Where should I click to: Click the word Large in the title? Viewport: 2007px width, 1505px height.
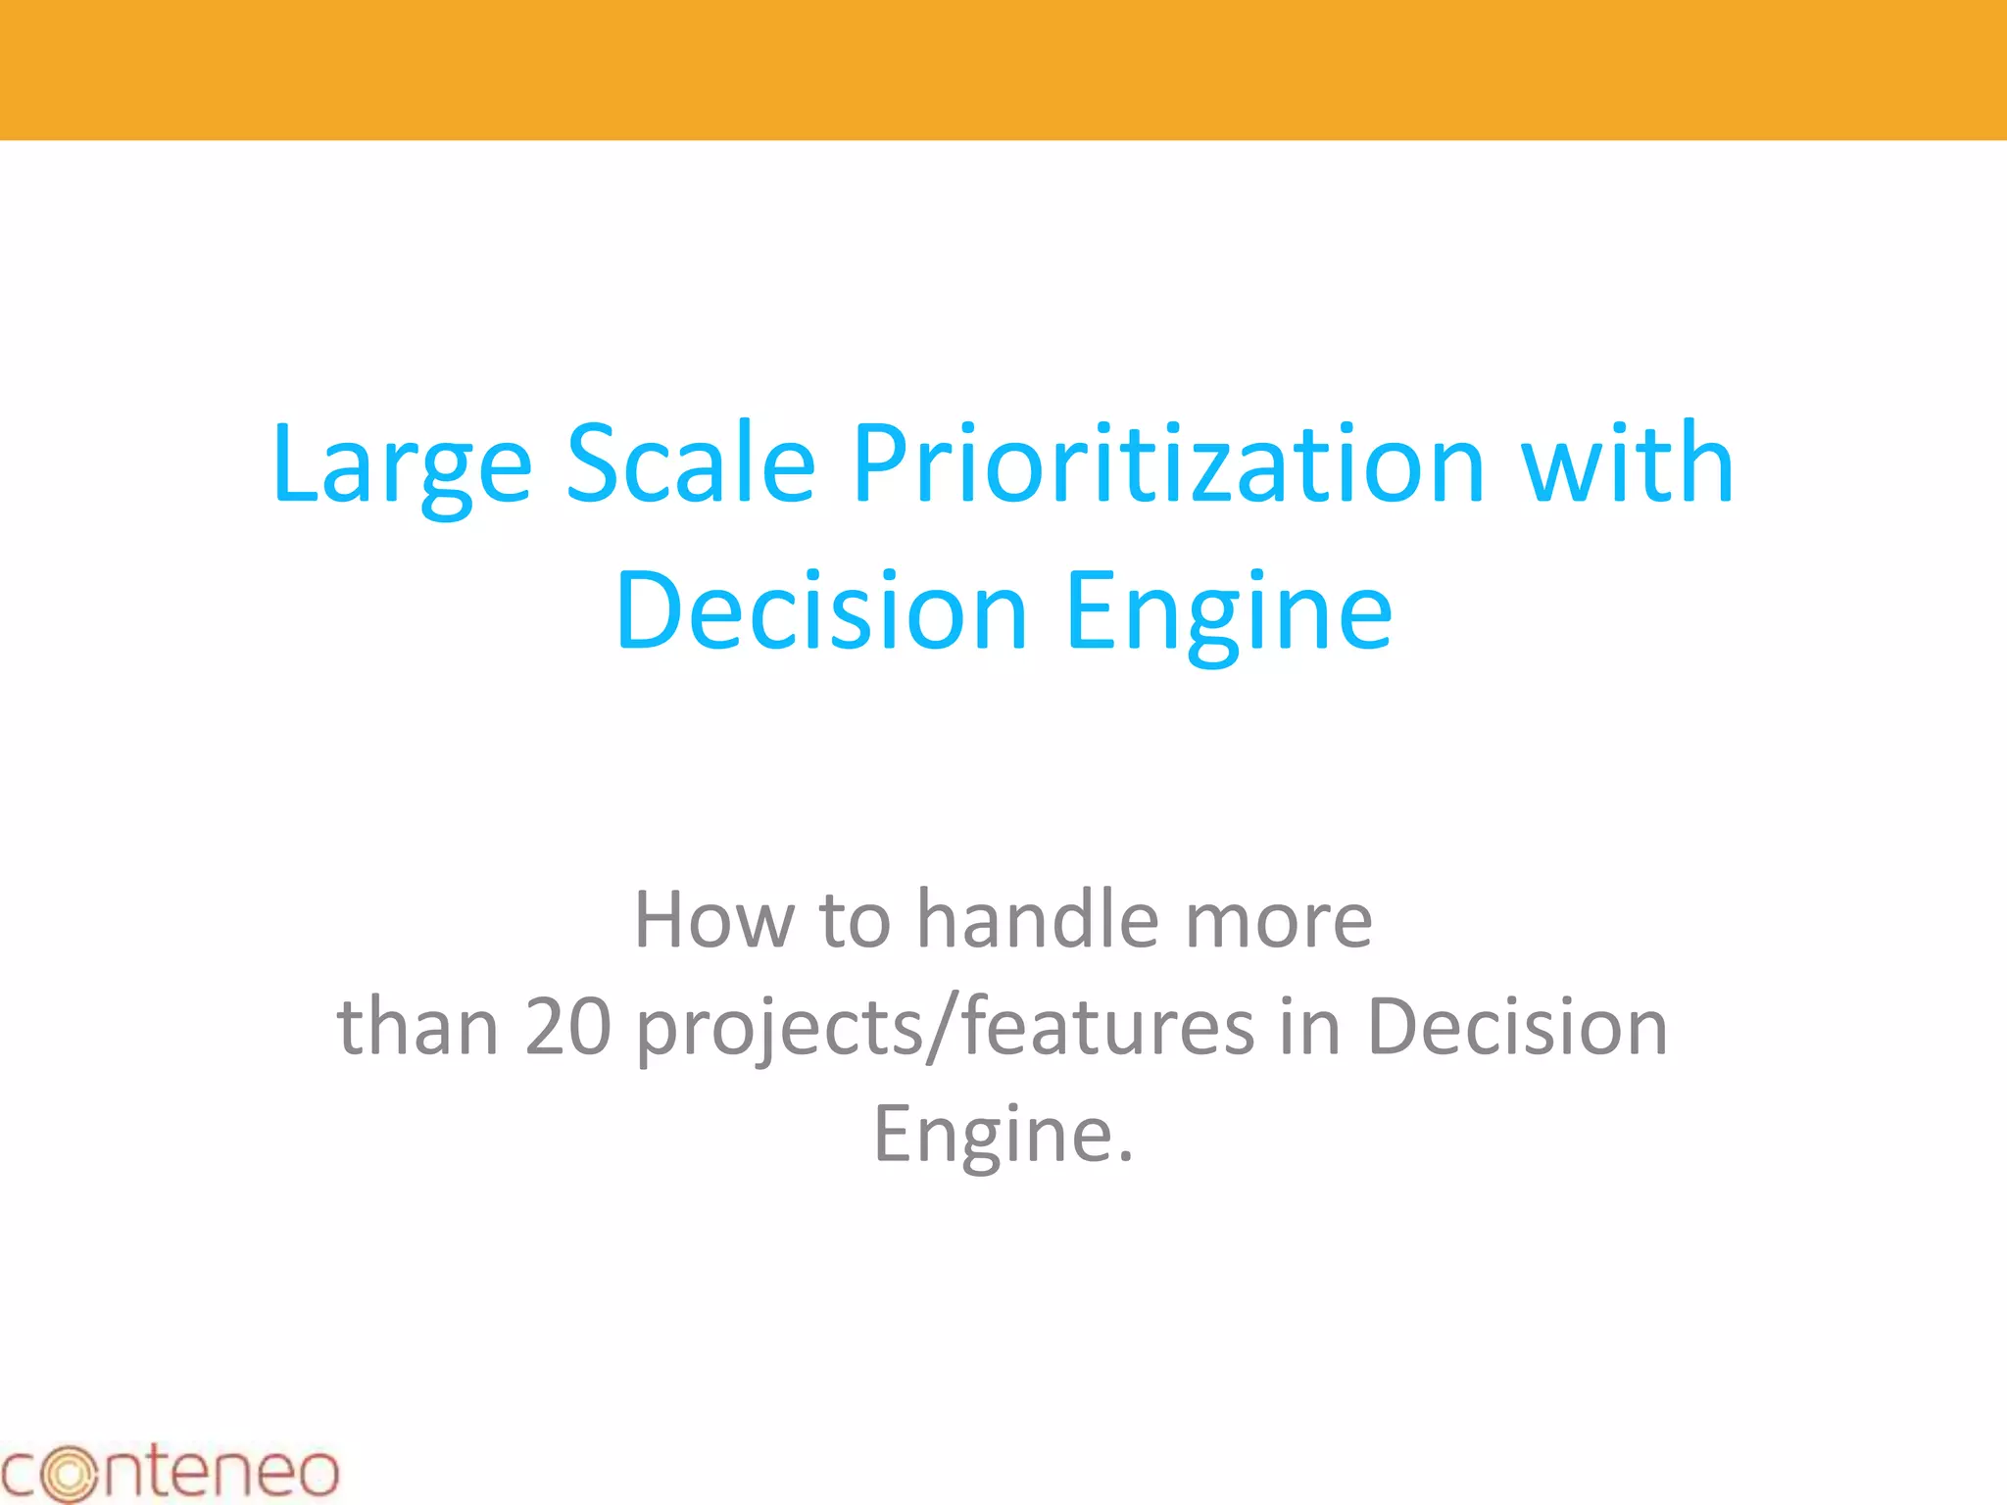pyautogui.click(x=402, y=464)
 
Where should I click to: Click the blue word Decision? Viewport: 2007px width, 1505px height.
pyautogui.click(x=821, y=611)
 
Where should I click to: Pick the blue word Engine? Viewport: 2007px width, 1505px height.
pyautogui.click(x=1229, y=613)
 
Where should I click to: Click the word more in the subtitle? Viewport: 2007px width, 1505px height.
pyautogui.click(x=1279, y=921)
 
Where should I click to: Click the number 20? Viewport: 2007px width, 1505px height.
pyautogui.click(x=568, y=1027)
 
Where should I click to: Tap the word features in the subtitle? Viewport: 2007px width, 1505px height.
pyautogui.click(x=1108, y=1027)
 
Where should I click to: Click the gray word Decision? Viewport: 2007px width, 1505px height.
pyautogui.click(x=1517, y=1027)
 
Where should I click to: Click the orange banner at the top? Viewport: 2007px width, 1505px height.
pyautogui.click(x=1003, y=70)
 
